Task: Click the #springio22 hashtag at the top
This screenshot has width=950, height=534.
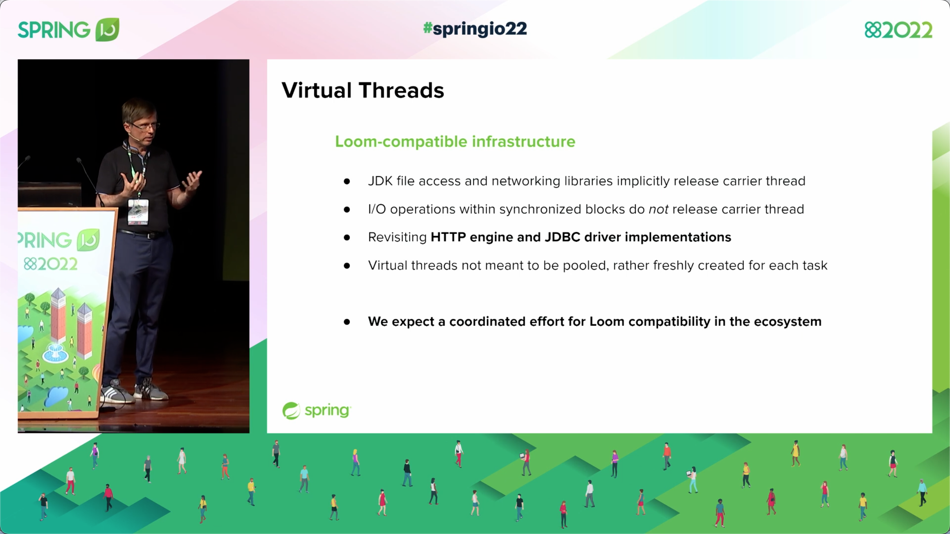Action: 475,29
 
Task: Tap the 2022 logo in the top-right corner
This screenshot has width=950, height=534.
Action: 898,30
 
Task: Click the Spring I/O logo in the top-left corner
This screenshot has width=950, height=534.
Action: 68,29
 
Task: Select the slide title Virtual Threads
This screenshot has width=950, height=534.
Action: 362,90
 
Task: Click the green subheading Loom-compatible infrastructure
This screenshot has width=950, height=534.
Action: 455,141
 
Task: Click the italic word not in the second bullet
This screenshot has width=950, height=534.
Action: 658,209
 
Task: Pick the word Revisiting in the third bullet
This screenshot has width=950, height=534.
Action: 397,237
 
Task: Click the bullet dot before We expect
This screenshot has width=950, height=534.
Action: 347,322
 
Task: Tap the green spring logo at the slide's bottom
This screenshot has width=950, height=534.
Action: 316,411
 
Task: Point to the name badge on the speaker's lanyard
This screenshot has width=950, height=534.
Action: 138,211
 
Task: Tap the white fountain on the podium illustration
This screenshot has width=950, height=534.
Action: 55,352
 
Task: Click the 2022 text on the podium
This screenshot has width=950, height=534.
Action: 51,264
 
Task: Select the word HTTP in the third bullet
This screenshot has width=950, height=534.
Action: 448,237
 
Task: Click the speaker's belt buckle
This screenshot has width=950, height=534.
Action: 151,236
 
